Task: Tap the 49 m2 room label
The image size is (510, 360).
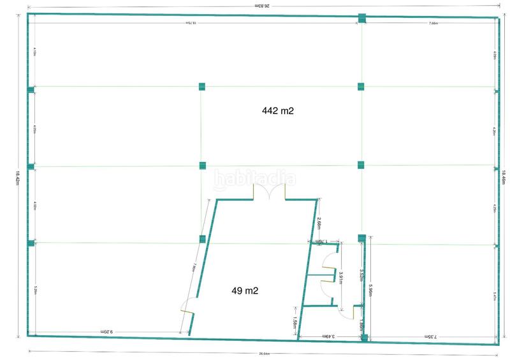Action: click(x=244, y=291)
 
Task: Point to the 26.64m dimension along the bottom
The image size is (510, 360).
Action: click(x=265, y=354)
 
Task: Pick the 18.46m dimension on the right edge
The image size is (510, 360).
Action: click(x=504, y=178)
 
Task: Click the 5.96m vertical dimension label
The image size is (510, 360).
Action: click(x=370, y=294)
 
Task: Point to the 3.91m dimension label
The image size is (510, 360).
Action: click(x=342, y=277)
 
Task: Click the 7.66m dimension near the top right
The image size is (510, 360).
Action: click(x=433, y=23)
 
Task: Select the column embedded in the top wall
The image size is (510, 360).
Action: click(x=362, y=18)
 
